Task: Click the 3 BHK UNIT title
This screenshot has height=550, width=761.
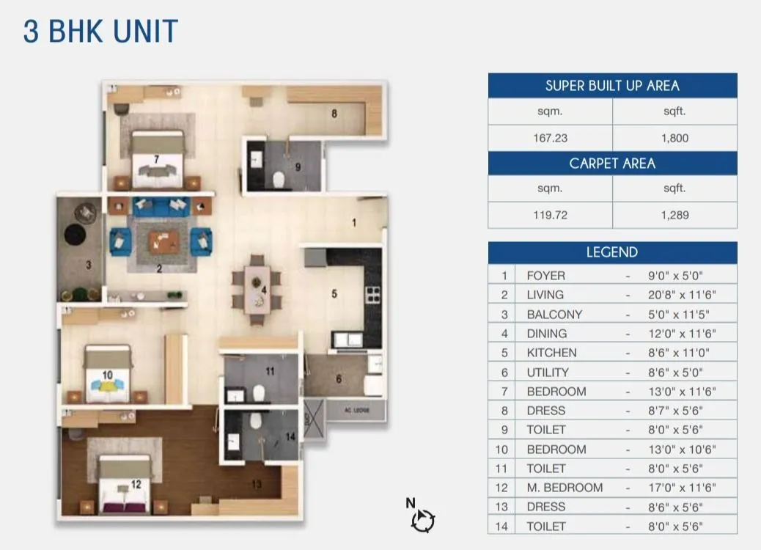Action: point(100,32)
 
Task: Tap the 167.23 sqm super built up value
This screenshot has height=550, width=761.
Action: point(551,138)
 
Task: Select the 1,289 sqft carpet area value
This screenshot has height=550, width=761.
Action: point(674,216)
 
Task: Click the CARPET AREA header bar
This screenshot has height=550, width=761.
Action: point(612,163)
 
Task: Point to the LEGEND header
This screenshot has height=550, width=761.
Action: point(612,252)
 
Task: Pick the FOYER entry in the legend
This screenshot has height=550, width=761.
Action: point(545,276)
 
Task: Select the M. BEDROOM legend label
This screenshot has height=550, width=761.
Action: point(565,488)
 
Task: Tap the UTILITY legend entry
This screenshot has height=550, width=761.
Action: point(548,373)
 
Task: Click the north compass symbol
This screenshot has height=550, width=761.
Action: point(422,520)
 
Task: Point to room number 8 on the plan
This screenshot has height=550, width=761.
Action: point(334,114)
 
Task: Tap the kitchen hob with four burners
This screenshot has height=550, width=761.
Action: point(372,294)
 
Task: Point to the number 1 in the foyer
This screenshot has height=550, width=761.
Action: point(354,223)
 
